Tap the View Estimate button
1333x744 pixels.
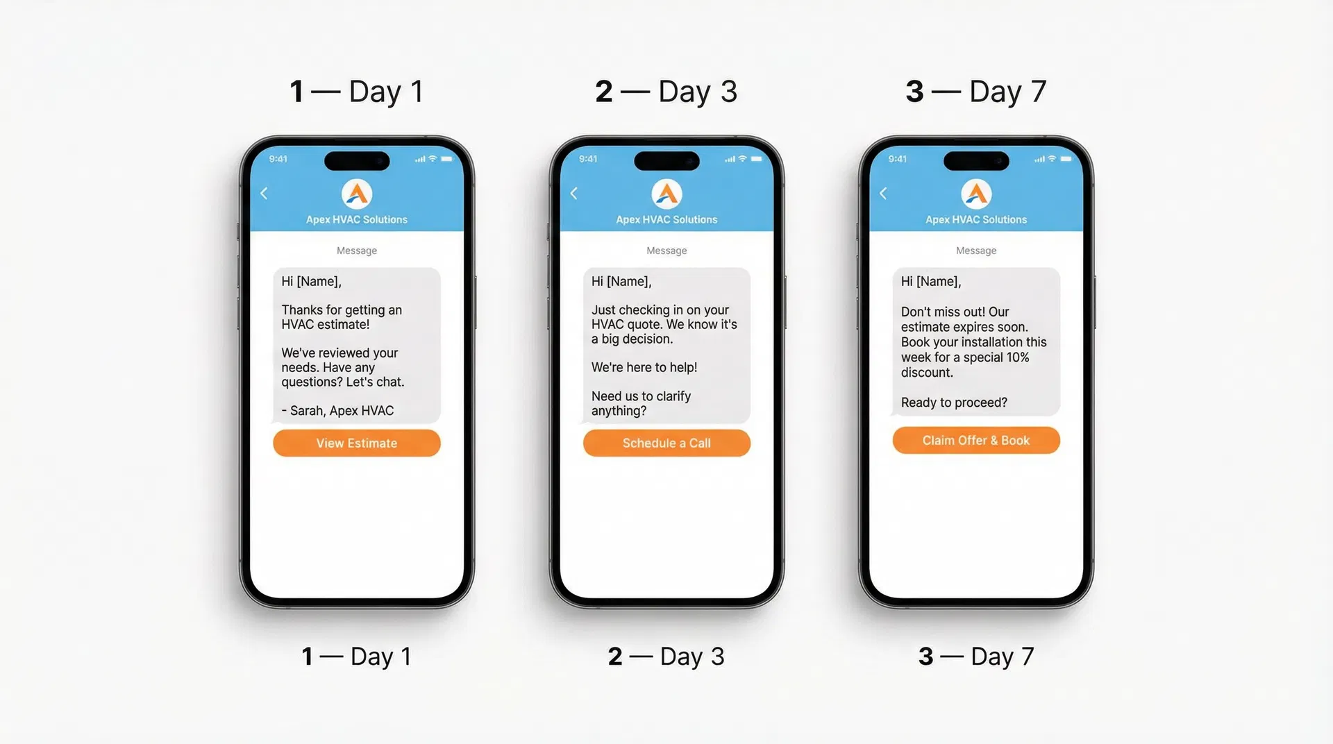[x=356, y=443]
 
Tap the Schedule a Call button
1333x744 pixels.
[x=666, y=443]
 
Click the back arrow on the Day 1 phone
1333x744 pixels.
[x=264, y=194]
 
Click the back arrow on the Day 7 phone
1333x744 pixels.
[x=883, y=194]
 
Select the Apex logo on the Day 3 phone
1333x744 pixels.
[x=666, y=194]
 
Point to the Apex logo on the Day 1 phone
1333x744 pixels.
[x=357, y=194]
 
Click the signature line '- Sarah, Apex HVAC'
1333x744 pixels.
[x=337, y=411]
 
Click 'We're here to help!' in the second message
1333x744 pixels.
[x=644, y=367]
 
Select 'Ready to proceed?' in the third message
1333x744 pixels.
[x=953, y=403]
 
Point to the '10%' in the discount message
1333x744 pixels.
[x=1017, y=357]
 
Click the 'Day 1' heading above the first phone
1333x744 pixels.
[x=386, y=92]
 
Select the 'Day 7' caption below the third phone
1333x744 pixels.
[x=1002, y=657]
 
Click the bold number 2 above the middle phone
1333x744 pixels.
[x=604, y=92]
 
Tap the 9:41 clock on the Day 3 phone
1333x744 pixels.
[x=588, y=159]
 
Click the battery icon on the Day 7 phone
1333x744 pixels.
[x=1066, y=159]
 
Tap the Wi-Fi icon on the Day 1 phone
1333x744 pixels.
[x=433, y=159]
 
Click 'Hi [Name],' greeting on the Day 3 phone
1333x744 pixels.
[x=621, y=281]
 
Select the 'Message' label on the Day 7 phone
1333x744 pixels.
[x=975, y=251]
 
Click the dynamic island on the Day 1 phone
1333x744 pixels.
[x=357, y=161]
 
